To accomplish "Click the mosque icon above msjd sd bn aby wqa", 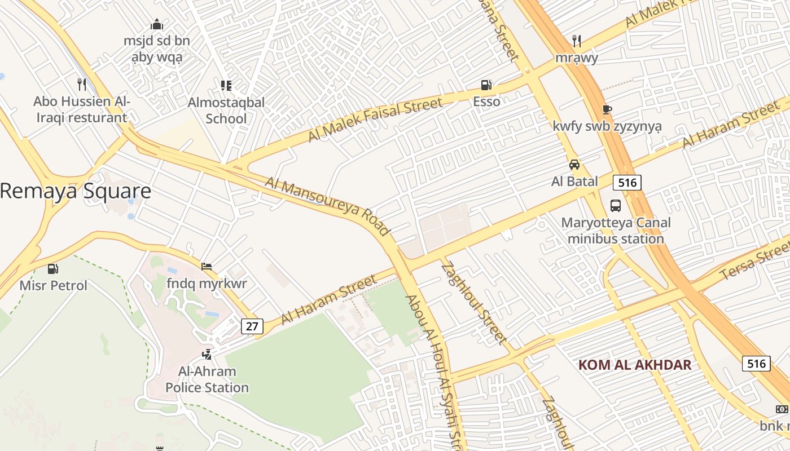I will coord(157,25).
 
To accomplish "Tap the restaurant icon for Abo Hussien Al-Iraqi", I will coord(82,85).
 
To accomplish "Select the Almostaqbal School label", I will coord(226,110).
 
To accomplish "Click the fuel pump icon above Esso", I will coord(486,85).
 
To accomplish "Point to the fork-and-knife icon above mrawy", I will coord(576,41).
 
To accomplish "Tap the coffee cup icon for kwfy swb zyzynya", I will coord(607,109).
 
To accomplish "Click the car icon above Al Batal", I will coord(574,165).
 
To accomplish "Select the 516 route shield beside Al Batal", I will coord(627,182).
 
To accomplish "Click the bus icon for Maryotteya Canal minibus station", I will coord(616,206).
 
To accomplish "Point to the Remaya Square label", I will coord(76,191).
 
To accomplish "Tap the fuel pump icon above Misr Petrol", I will coord(53,269).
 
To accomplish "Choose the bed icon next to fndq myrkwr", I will coord(207,266).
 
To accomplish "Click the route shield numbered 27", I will coord(252,326).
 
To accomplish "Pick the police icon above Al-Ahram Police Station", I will coord(207,354).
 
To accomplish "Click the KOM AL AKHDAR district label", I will coord(635,364).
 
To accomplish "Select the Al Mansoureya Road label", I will coord(328,206).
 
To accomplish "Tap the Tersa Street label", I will coord(756,262).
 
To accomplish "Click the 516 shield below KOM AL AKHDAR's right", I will coord(756,364).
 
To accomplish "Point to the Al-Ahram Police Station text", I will coord(207,379).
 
